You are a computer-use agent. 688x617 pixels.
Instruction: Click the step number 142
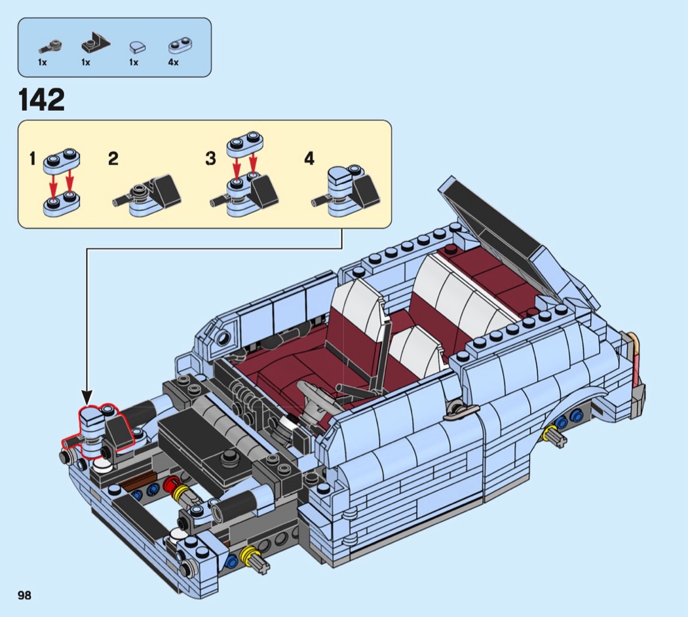[x=42, y=100]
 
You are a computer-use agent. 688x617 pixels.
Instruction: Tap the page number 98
[x=25, y=595]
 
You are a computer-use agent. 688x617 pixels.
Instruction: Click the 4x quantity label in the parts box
[x=174, y=62]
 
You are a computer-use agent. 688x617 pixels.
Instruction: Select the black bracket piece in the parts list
[x=95, y=45]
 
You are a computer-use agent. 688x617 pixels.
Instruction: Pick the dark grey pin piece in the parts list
[x=50, y=46]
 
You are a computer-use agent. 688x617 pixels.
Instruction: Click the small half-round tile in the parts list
[x=137, y=47]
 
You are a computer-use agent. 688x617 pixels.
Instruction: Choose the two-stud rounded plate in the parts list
[x=181, y=46]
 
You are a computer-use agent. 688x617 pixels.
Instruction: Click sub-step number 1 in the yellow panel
[x=33, y=159]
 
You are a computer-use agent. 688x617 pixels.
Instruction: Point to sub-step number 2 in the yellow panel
[x=113, y=159]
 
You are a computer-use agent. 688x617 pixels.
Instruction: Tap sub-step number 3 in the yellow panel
[x=210, y=159]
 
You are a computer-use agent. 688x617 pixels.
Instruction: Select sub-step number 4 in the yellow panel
[x=309, y=159]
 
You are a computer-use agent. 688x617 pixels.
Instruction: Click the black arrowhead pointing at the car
[x=87, y=398]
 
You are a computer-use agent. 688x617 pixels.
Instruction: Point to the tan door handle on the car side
[x=461, y=411]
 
